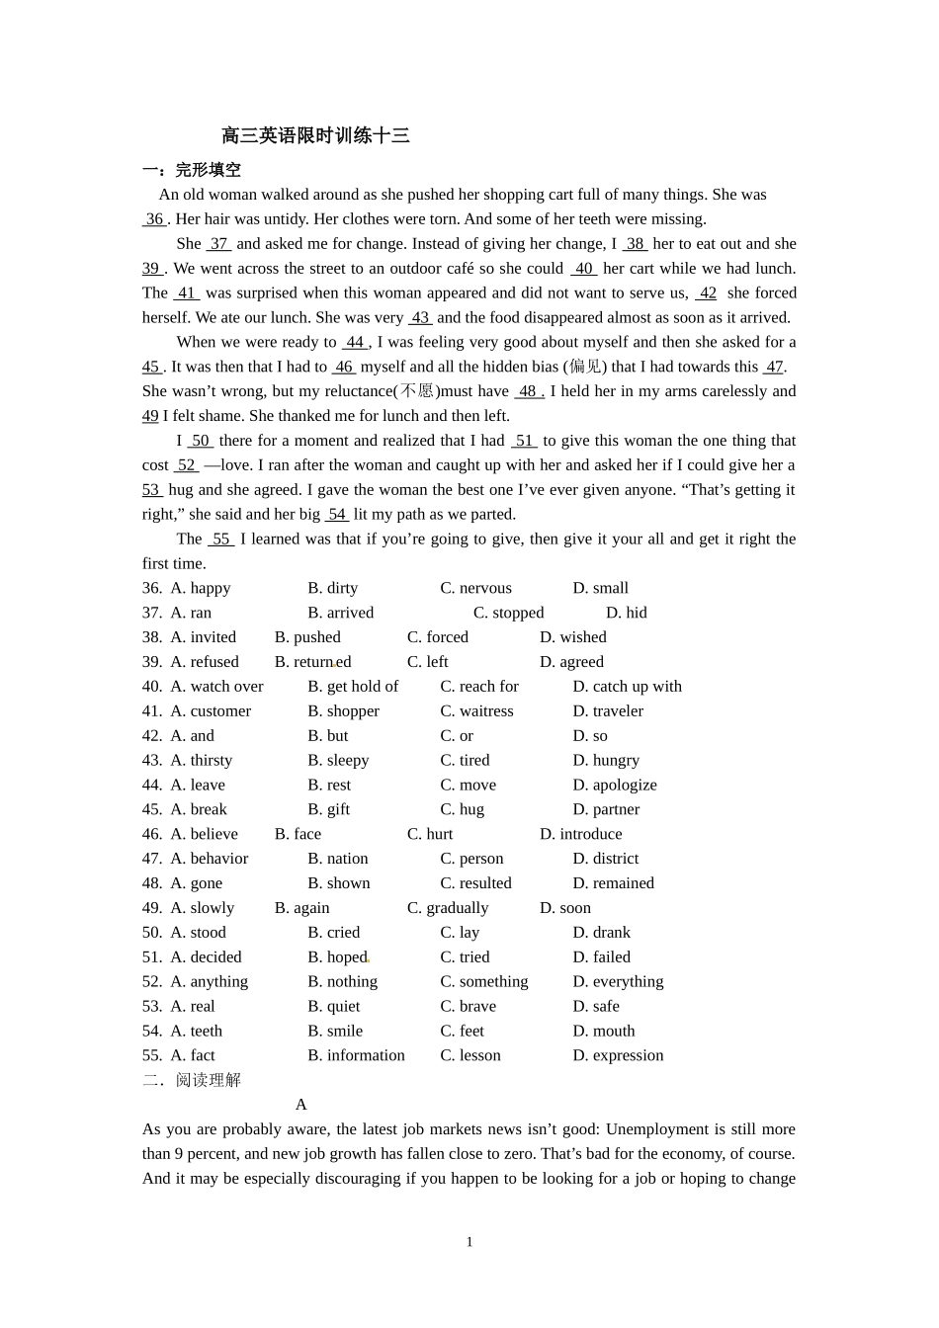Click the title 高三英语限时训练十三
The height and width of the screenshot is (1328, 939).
315,136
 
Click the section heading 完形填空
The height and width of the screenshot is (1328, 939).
208,170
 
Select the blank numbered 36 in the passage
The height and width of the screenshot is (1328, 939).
154,219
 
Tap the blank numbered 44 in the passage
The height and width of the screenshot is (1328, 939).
355,342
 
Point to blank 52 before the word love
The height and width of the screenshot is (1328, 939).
186,465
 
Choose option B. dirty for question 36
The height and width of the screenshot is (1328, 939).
332,588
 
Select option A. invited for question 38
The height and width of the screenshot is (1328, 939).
204,637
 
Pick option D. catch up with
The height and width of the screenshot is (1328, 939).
627,687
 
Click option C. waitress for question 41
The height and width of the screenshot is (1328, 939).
476,711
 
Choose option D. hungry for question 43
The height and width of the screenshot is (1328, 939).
606,761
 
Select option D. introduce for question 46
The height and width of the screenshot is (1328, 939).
580,834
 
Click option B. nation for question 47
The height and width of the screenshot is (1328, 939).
337,859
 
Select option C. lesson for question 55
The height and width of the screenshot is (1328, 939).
469,1055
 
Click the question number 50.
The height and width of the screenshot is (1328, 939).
151,933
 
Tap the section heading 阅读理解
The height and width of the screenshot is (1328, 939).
208,1080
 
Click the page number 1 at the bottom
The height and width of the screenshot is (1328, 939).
469,1242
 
